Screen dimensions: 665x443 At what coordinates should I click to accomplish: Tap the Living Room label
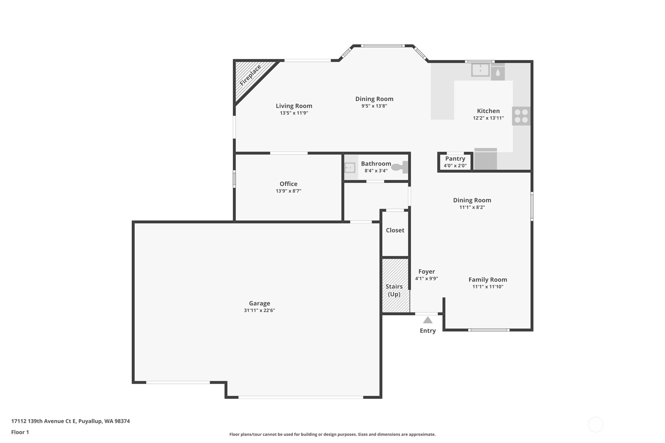(x=294, y=106)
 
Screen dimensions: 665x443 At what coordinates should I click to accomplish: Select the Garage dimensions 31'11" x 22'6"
(x=259, y=310)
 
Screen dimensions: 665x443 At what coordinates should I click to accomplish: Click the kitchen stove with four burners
(x=521, y=116)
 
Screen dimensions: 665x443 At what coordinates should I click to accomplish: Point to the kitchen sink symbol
(x=480, y=70)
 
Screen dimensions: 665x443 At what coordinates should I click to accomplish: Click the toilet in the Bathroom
(x=400, y=167)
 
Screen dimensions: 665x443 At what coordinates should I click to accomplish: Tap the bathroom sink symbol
(x=350, y=168)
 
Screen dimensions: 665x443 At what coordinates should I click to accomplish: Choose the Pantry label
(x=455, y=159)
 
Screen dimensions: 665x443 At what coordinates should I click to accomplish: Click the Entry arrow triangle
(x=428, y=320)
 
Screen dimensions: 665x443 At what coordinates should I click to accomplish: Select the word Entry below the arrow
(x=428, y=331)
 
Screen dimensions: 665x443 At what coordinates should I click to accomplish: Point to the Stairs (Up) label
(x=394, y=290)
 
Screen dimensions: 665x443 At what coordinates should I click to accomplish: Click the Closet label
(x=395, y=230)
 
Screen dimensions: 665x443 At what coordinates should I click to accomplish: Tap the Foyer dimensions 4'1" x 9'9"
(x=427, y=278)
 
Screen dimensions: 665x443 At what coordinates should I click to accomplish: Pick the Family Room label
(x=488, y=280)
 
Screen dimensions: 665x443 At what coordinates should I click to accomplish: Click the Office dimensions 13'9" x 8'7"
(x=288, y=191)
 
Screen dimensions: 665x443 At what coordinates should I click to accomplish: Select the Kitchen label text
(x=488, y=111)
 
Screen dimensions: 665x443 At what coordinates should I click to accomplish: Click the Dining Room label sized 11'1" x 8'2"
(x=472, y=200)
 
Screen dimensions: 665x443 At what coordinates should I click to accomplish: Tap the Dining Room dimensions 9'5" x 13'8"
(x=374, y=106)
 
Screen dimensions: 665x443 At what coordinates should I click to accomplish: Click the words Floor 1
(x=20, y=432)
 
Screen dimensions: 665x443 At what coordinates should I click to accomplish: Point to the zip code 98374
(x=122, y=421)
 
